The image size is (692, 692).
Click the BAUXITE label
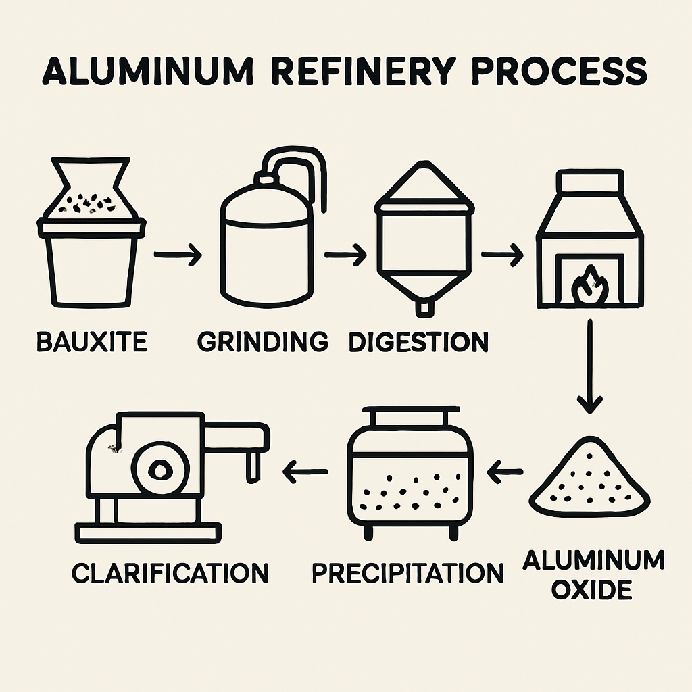pyautogui.click(x=91, y=342)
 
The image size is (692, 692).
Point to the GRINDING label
pyautogui.click(x=262, y=342)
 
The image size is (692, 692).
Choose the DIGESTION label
pyautogui.click(x=418, y=342)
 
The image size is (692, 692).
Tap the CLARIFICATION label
pyautogui.click(x=170, y=573)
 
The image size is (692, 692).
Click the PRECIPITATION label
pyautogui.click(x=407, y=573)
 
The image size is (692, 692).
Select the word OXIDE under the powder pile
pyautogui.click(x=591, y=590)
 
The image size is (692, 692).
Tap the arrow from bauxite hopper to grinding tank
pyautogui.click(x=178, y=256)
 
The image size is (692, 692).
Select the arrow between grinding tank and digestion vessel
pyautogui.click(x=345, y=255)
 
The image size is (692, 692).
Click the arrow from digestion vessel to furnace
pyautogui.click(x=502, y=256)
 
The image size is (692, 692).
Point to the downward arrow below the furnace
pyautogui.click(x=590, y=368)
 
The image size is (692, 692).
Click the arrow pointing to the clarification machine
pyautogui.click(x=305, y=472)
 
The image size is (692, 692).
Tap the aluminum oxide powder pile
pyautogui.click(x=590, y=482)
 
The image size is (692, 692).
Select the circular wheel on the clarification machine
pyautogui.click(x=161, y=468)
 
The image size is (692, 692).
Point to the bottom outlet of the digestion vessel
pyautogui.click(x=424, y=308)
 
